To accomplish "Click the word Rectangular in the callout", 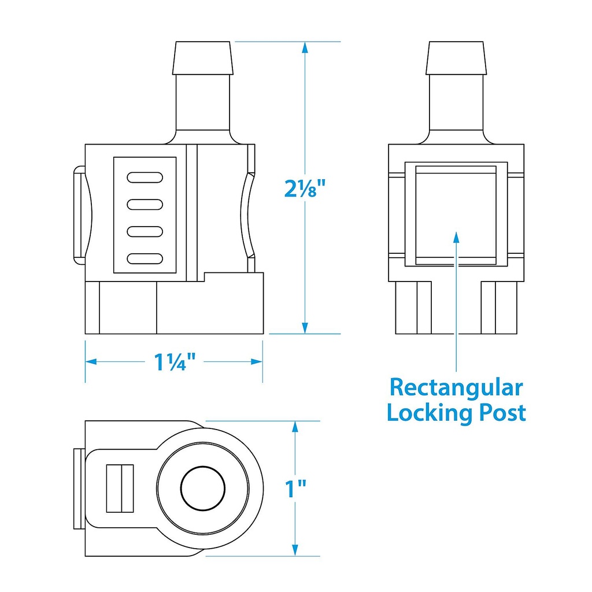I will pyautogui.click(x=456, y=387).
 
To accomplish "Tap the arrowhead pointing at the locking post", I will pyautogui.click(x=456, y=238).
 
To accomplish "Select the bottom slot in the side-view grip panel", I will pyautogui.click(x=144, y=258).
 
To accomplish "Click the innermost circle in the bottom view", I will pyautogui.click(x=203, y=488).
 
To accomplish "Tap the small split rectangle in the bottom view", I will pyautogui.click(x=120, y=488).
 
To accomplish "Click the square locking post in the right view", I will pyautogui.click(x=456, y=214).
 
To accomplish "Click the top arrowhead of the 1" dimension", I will pyautogui.click(x=295, y=428).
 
